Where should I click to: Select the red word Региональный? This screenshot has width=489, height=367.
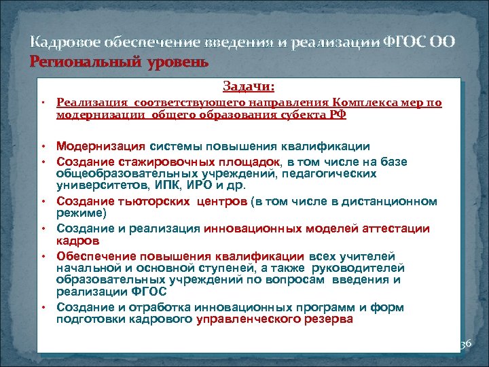point(73,62)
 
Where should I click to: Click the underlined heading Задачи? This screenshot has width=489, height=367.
point(249,86)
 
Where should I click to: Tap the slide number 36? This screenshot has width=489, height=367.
point(465,345)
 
